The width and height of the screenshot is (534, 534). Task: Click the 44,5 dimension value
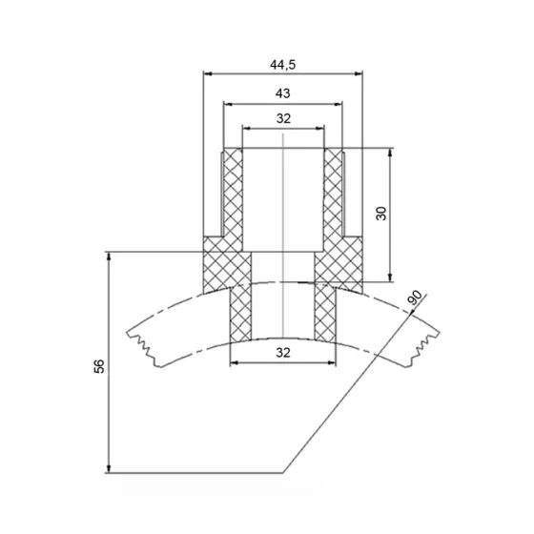(x=282, y=65)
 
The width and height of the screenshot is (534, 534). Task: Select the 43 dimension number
(x=282, y=93)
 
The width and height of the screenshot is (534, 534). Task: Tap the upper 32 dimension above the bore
(x=283, y=118)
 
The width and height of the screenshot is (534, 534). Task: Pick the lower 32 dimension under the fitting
(x=283, y=353)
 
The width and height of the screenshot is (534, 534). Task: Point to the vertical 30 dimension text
(x=381, y=214)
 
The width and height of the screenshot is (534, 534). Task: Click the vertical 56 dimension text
(x=99, y=366)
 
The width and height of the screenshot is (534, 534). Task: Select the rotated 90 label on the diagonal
(x=415, y=298)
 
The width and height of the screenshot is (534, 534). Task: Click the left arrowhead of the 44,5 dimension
(x=208, y=73)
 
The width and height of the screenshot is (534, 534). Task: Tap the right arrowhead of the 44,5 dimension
(x=359, y=73)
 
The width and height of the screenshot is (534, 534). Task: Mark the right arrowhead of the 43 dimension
(x=339, y=104)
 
